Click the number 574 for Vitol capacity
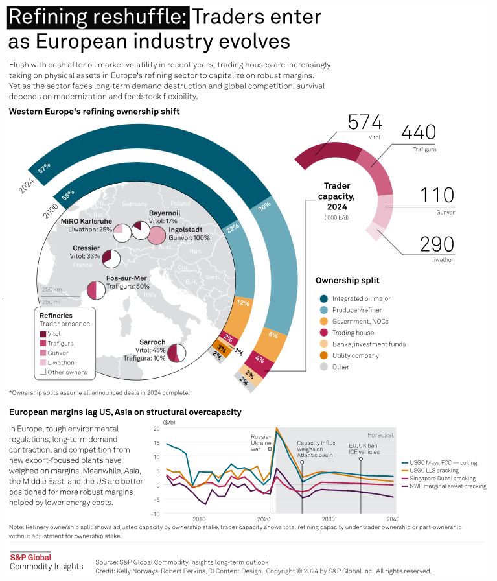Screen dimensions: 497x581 click(x=365, y=123)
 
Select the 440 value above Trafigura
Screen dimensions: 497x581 click(x=419, y=132)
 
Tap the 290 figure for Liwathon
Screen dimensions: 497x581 click(x=437, y=244)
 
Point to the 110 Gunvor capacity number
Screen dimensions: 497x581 click(x=437, y=195)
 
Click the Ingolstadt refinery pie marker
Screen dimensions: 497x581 click(x=156, y=235)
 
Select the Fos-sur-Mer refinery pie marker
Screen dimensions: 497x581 click(x=96, y=290)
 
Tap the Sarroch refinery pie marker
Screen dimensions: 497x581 click(x=177, y=353)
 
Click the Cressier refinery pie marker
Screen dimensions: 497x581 click(x=111, y=259)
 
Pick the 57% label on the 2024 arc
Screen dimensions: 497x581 click(x=44, y=168)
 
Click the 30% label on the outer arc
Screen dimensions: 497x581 click(x=264, y=207)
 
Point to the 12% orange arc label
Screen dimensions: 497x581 click(x=243, y=303)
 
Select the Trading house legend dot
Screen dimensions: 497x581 click(x=324, y=333)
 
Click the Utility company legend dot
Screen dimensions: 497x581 click(x=324, y=355)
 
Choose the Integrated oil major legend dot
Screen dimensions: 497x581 click(x=324, y=299)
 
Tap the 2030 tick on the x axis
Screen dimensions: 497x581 click(x=328, y=519)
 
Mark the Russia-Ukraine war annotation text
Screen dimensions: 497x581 click(x=260, y=443)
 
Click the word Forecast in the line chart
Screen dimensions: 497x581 click(x=380, y=435)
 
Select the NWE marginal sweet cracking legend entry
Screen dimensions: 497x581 click(x=444, y=486)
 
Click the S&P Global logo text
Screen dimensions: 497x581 click(x=30, y=557)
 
